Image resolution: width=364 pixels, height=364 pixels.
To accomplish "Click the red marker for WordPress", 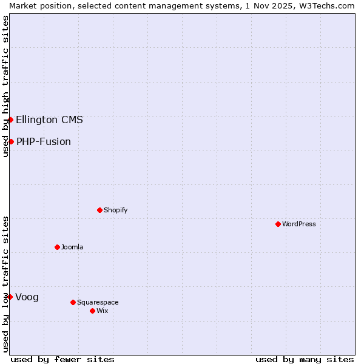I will pos(278,224).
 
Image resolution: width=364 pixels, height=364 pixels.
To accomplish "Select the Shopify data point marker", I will pos(99,210).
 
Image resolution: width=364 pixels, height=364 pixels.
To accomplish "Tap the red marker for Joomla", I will pos(57,247).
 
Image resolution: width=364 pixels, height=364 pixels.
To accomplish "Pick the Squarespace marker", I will pos(73,302).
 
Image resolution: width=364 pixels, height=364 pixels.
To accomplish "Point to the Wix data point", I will pos(92,311).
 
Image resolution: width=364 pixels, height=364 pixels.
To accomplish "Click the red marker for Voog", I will pos(10,297).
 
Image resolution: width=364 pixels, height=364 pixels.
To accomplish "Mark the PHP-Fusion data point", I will pos(11,141).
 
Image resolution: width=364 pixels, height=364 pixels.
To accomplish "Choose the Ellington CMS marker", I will pos(10,120).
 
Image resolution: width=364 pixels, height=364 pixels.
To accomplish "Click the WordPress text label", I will pos(299,224).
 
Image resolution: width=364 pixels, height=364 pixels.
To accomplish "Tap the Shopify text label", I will pos(115,210).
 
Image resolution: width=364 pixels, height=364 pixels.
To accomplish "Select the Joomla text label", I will pos(72,247).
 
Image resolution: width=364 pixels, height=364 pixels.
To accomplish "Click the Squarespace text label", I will pos(98,302).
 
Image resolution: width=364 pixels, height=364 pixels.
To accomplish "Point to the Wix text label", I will pos(103,311).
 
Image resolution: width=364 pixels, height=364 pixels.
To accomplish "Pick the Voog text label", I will pos(27,297).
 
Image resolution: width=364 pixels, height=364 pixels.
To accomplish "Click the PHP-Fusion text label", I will pos(44,141).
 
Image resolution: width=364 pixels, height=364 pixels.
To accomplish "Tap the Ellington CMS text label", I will pos(49,120).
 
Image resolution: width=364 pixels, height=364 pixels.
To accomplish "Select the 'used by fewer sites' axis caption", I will pos(62,359).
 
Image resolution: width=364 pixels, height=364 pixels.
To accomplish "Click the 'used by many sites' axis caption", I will pos(305,359).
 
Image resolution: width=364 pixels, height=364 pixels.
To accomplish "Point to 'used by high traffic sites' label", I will pos(5,87).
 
